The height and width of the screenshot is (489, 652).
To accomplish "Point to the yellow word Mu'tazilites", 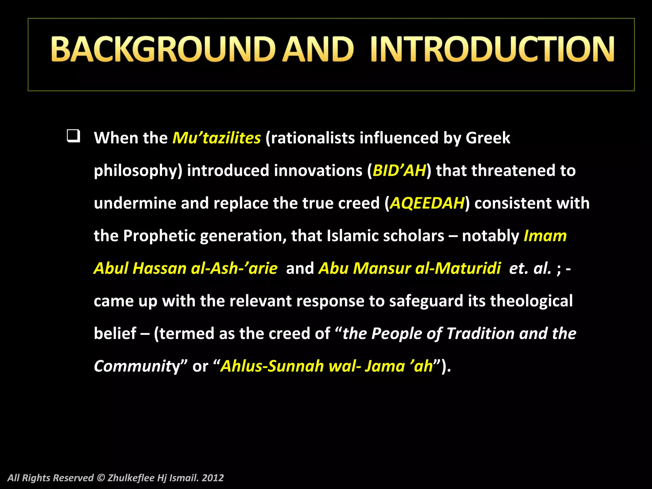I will pyautogui.click(x=216, y=138).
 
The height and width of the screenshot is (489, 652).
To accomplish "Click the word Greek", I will pyautogui.click(x=488, y=138).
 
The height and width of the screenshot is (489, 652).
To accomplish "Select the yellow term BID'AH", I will pyautogui.click(x=399, y=171).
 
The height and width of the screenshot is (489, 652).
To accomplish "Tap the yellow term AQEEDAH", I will pyautogui.click(x=427, y=203).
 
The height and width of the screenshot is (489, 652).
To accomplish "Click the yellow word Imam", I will pyautogui.click(x=545, y=236).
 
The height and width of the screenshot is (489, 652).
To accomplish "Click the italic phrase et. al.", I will pyautogui.click(x=530, y=268).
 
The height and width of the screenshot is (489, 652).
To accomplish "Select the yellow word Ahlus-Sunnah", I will pyautogui.click(x=272, y=366).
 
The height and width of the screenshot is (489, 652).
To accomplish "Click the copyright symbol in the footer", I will pyautogui.click(x=101, y=478).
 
